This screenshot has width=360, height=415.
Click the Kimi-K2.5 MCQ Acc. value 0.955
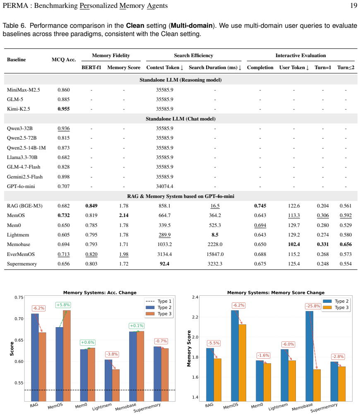pyautogui.click(x=63, y=109)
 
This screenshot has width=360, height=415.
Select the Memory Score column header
pyautogui.click(x=124, y=68)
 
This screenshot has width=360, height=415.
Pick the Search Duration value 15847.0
pyautogui.click(x=215, y=254)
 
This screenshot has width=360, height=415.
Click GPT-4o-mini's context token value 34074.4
pyautogui.click(x=165, y=186)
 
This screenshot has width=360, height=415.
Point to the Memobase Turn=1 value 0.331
pyautogui.click(x=323, y=244)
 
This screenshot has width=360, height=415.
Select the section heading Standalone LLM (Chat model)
pyautogui.click(x=181, y=119)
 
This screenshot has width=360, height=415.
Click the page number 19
pyautogui.click(x=354, y=5)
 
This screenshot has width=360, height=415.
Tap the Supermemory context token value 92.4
pyautogui.click(x=165, y=263)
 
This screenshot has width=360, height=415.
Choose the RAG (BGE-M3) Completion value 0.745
pyautogui.click(x=260, y=206)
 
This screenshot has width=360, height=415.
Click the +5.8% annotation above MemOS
pyautogui.click(x=63, y=305)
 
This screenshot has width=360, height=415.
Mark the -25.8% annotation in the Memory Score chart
pyautogui.click(x=313, y=306)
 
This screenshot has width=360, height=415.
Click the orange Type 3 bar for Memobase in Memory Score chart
pyautogui.click(x=317, y=385)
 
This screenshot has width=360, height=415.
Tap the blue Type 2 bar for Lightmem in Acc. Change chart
pyautogui.click(x=108, y=381)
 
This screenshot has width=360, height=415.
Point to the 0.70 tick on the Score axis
pyautogui.click(x=19, y=318)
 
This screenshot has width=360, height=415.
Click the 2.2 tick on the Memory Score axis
pyautogui.click(x=195, y=317)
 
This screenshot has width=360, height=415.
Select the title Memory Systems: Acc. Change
pyautogui.click(x=100, y=292)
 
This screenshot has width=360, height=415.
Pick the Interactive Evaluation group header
pyautogui.click(x=300, y=55)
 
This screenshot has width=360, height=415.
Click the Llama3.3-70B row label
pyautogui.click(x=22, y=157)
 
